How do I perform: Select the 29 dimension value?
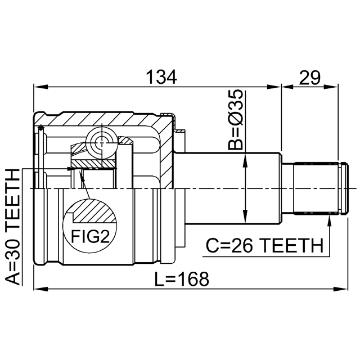(x=309, y=77)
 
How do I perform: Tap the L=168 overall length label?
(x=182, y=278)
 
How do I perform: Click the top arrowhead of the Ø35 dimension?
(x=245, y=161)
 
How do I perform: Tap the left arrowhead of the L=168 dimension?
(x=38, y=289)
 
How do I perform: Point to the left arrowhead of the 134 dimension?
(x=38, y=87)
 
